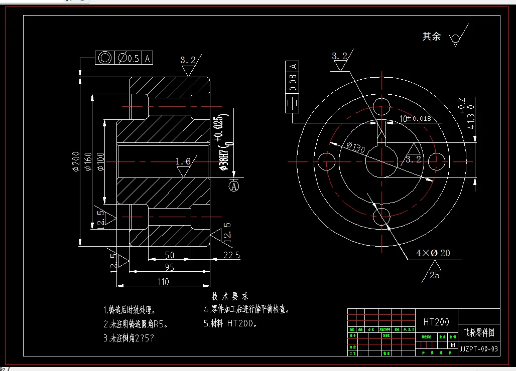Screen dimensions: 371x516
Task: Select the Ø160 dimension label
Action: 88,161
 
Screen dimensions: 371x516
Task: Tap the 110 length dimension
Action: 163,282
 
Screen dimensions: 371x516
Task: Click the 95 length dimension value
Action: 169,268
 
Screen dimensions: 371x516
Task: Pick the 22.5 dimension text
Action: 230,255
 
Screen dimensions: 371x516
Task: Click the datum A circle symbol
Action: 234,187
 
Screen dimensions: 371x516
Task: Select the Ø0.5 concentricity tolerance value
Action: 128,58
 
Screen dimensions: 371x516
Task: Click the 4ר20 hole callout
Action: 433,253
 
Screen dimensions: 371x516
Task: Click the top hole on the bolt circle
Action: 382,106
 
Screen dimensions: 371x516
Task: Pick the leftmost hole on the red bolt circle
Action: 329,161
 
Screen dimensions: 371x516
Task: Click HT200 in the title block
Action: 436,322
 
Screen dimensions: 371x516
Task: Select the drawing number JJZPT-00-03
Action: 479,349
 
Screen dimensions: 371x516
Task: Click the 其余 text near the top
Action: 431,37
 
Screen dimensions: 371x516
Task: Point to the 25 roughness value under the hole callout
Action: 434,275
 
